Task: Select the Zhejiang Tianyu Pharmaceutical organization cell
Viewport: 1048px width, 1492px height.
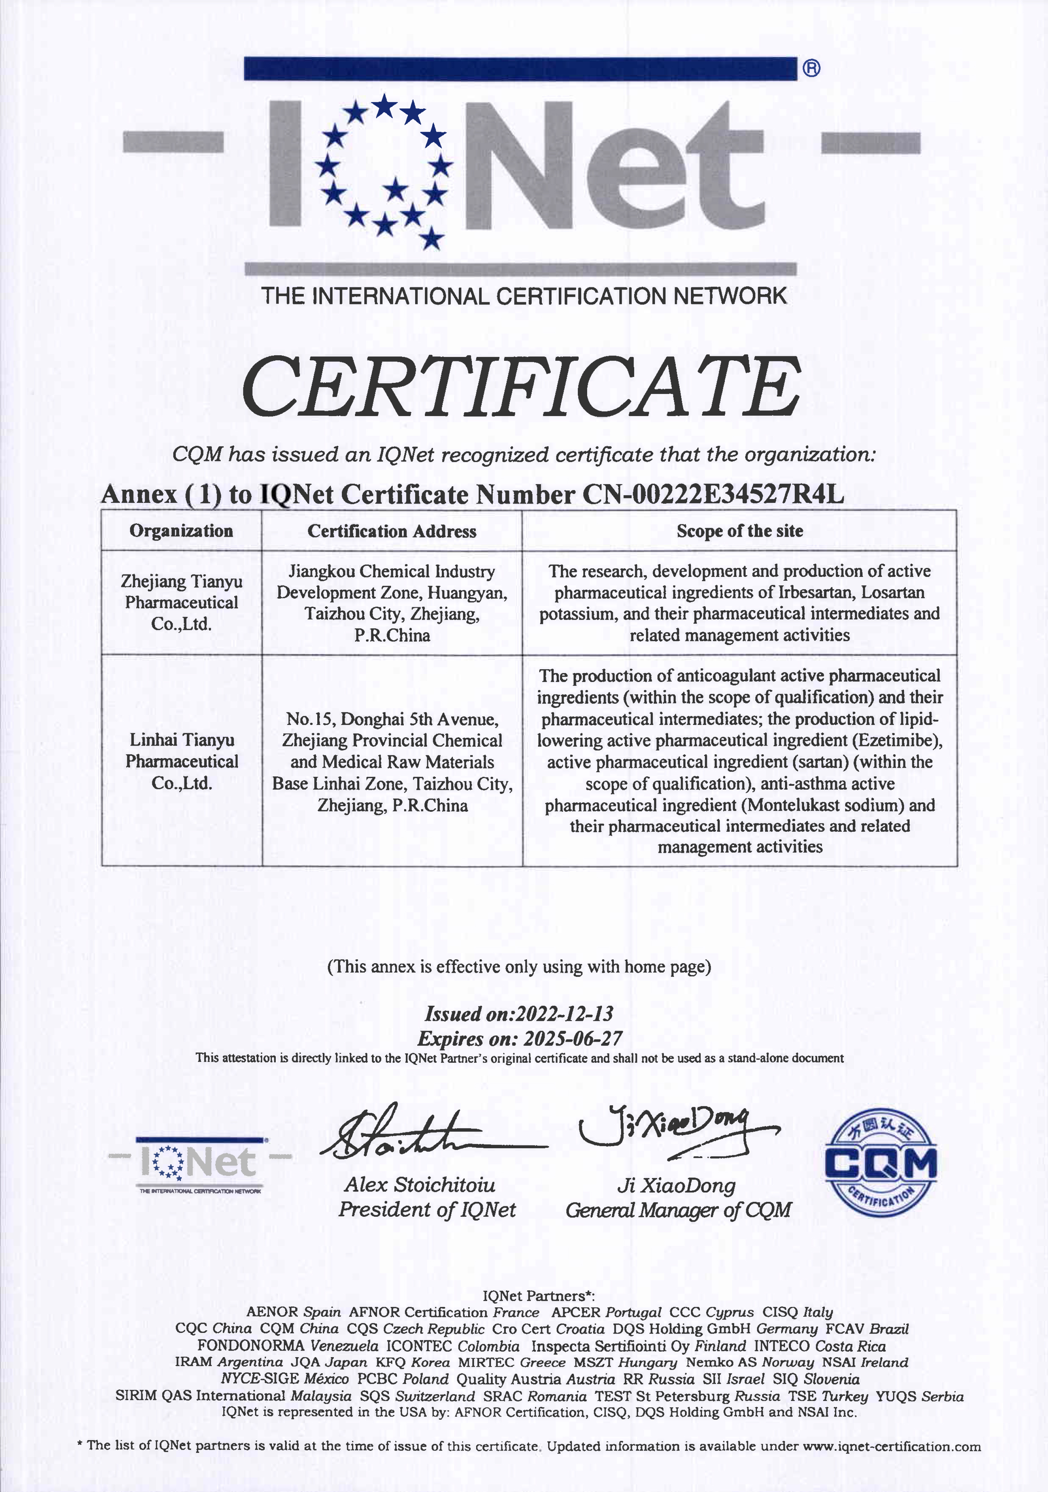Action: (x=181, y=602)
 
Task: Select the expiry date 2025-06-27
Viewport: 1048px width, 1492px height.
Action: (x=573, y=1039)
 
